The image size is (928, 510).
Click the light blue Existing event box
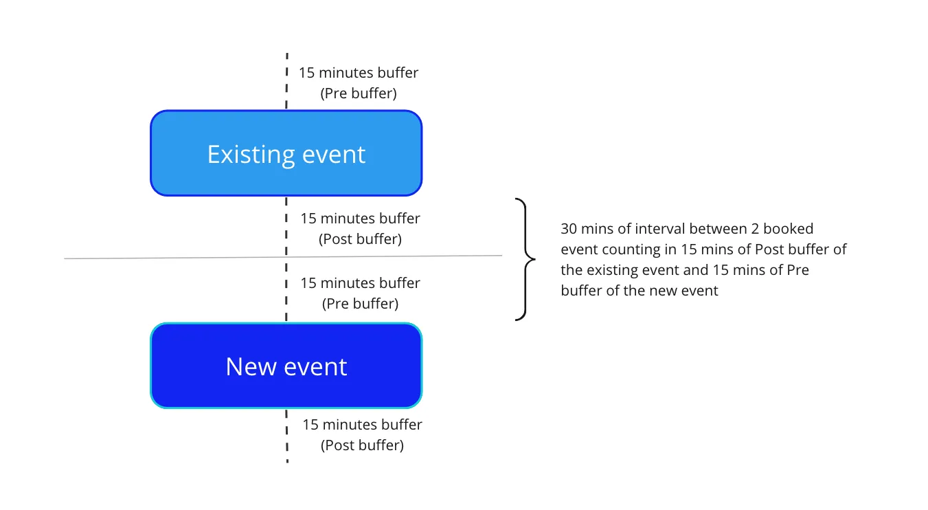point(286,153)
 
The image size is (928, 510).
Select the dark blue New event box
point(286,366)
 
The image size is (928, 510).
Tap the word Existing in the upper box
point(251,155)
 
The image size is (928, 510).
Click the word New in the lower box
point(251,366)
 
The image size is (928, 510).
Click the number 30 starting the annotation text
point(568,229)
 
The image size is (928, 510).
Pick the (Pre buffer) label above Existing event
point(359,93)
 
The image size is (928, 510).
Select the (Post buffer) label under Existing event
point(360,239)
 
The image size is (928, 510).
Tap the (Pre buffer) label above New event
point(360,304)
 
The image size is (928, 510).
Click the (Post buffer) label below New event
point(362,445)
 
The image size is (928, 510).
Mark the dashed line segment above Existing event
point(286,81)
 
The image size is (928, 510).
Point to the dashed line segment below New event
point(286,436)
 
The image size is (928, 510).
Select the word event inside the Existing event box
point(334,155)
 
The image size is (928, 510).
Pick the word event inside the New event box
point(315,367)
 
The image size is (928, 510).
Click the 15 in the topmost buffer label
point(306,73)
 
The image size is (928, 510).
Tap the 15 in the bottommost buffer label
point(310,425)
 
